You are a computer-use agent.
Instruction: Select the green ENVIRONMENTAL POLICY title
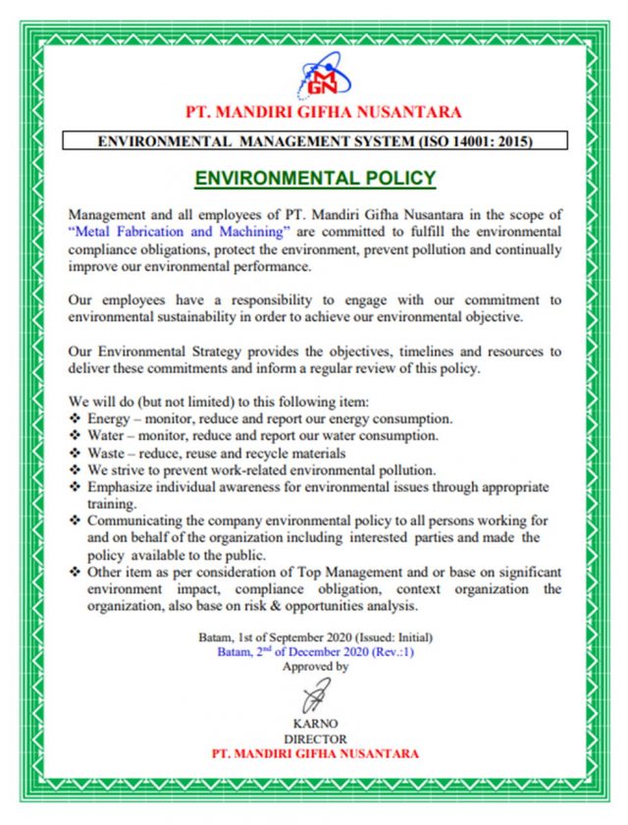click(315, 178)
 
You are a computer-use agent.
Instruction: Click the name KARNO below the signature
click(315, 725)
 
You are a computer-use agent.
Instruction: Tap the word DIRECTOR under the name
click(315, 739)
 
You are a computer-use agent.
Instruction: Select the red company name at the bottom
click(315, 753)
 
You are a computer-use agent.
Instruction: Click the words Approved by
click(315, 667)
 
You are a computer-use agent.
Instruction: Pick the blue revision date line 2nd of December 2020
click(315, 652)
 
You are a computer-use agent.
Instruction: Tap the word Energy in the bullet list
click(111, 417)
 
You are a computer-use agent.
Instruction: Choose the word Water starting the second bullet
click(108, 434)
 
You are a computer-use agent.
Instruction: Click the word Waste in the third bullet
click(108, 452)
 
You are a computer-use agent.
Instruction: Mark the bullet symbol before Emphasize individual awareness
click(76, 487)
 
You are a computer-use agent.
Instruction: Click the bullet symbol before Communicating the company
click(76, 521)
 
